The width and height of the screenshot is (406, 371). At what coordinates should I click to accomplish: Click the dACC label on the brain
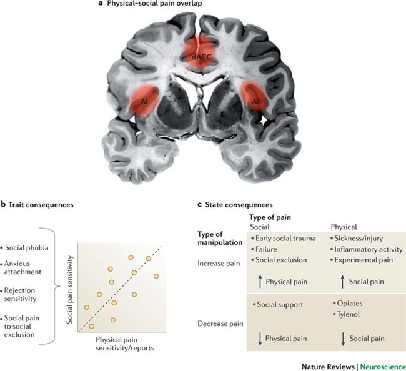coord(202,56)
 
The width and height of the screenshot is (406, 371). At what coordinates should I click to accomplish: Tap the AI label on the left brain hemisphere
coord(143,100)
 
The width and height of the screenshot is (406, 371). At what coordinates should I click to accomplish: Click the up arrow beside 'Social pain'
coord(342,282)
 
